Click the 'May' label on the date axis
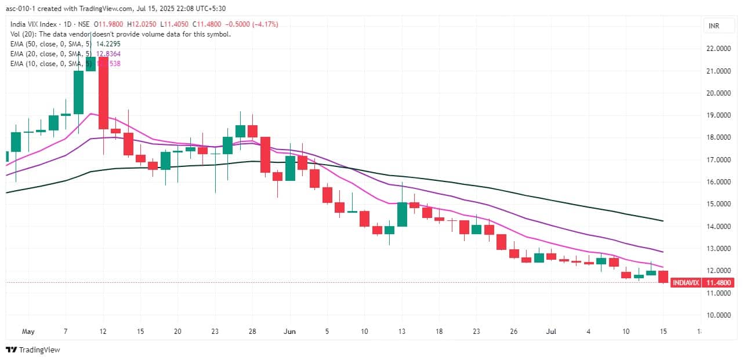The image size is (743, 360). (x=28, y=332)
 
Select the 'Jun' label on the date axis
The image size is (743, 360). (x=290, y=332)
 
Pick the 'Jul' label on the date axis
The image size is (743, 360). (x=551, y=332)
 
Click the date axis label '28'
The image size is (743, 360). (x=252, y=332)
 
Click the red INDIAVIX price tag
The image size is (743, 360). (x=685, y=283)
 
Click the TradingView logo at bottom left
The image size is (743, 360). (x=33, y=350)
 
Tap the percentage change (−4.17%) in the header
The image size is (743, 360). (x=262, y=24)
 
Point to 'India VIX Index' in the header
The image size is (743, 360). (x=35, y=24)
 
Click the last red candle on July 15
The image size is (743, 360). (x=664, y=277)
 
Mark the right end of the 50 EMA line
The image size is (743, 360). (x=663, y=221)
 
